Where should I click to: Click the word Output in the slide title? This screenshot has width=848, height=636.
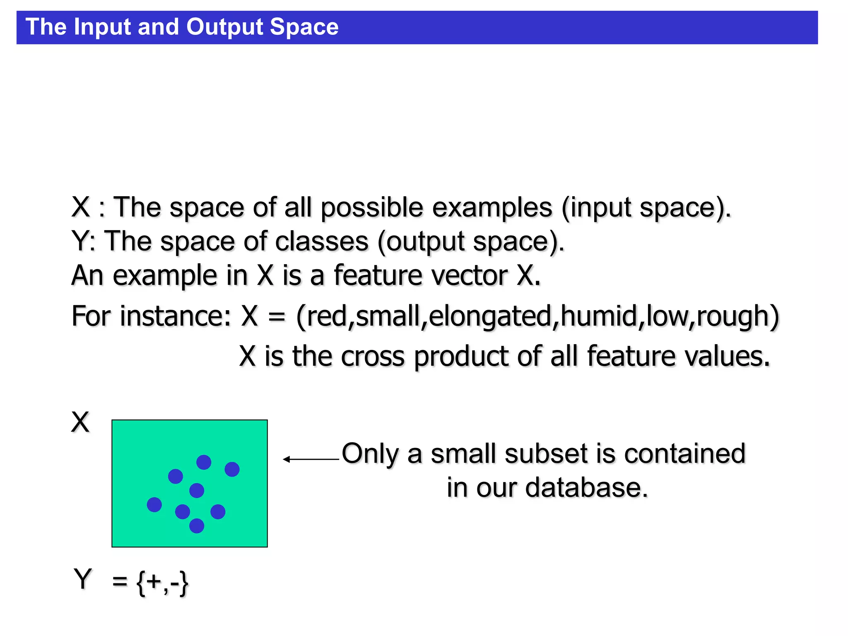coord(224,27)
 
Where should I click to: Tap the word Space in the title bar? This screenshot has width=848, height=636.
coord(304,27)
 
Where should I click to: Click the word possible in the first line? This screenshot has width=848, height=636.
coord(372,208)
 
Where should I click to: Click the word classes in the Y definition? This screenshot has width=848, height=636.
coord(321,242)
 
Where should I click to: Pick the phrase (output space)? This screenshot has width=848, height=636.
coord(470,242)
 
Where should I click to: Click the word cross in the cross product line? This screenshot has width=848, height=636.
coord(372,357)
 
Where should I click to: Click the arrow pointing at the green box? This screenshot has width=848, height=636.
coord(311,459)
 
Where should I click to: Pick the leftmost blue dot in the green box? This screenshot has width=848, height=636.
coord(154,505)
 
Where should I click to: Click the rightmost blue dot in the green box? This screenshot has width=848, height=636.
coord(232,469)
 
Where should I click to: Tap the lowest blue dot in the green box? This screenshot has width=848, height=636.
coord(197,526)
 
